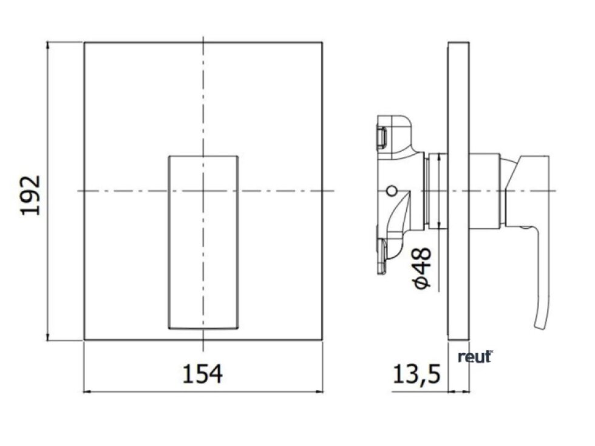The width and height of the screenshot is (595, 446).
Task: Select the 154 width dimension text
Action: (x=203, y=374)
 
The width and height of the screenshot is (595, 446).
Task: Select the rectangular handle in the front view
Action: (x=203, y=242)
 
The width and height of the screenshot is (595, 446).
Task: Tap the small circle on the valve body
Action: (x=391, y=191)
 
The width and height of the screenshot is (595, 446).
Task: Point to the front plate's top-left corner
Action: (x=84, y=42)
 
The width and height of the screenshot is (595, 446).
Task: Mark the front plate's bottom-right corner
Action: (x=322, y=340)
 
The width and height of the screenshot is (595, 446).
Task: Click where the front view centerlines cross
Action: (x=203, y=191)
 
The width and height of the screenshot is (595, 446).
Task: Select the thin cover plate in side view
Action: (x=458, y=191)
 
